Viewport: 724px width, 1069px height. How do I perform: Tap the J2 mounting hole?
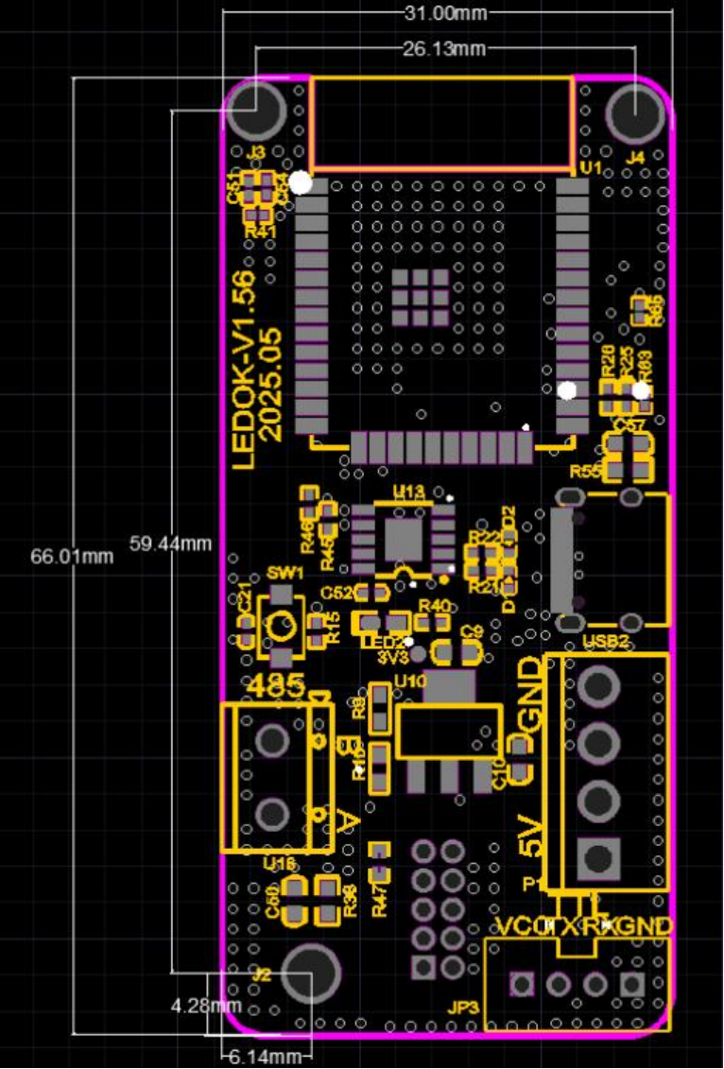click(x=310, y=974)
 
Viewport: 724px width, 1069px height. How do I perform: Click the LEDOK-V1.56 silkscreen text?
click(x=244, y=370)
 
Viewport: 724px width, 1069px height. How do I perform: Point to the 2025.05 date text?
click(x=272, y=384)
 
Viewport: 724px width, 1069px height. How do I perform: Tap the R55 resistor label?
click(x=585, y=470)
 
